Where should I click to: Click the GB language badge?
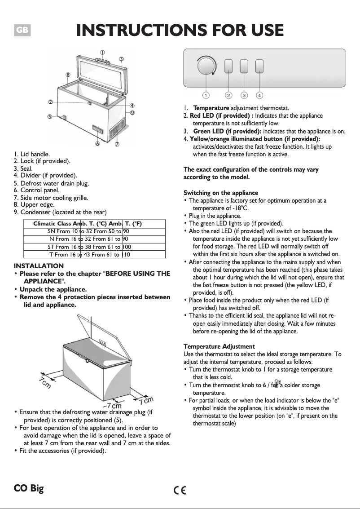point(22,31)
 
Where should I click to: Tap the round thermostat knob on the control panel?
point(206,66)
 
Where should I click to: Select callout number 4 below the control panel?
point(259,95)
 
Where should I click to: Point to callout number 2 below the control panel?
point(228,95)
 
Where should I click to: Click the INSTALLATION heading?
point(39,266)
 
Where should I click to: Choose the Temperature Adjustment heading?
point(219,346)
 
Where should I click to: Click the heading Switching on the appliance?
point(221,193)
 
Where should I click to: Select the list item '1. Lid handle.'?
point(32,154)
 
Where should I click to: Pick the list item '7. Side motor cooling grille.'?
point(51,197)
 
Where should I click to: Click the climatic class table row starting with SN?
point(88,231)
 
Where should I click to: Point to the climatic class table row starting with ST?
point(88,247)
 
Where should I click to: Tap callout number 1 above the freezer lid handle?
point(102,52)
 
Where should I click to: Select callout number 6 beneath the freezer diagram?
point(97,144)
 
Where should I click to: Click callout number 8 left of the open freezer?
point(67,75)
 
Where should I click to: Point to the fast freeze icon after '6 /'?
point(277,383)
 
